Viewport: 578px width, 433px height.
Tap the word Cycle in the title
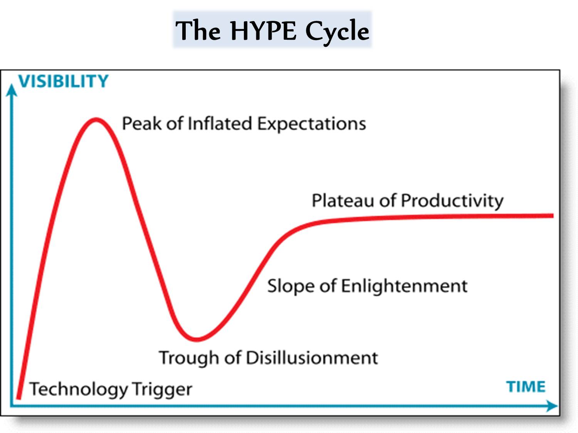coord(337,32)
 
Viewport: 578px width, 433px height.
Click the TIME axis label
coord(526,387)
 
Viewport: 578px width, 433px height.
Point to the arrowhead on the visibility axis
coord(11,90)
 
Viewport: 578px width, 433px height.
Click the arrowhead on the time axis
coord(552,406)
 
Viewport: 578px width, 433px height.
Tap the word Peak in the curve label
coord(142,123)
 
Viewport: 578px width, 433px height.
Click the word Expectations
coord(312,124)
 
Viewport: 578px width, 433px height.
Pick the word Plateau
coord(343,200)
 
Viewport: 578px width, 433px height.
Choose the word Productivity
coord(452,202)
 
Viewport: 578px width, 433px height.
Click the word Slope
coord(291,286)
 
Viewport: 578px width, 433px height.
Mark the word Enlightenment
coord(405,286)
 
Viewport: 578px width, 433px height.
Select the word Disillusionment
coord(312,358)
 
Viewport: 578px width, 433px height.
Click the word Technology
coord(79,389)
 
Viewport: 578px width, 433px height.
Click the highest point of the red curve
coord(96,120)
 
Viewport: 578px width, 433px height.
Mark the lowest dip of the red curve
coord(197,340)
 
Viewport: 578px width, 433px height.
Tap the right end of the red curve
coord(553,216)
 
